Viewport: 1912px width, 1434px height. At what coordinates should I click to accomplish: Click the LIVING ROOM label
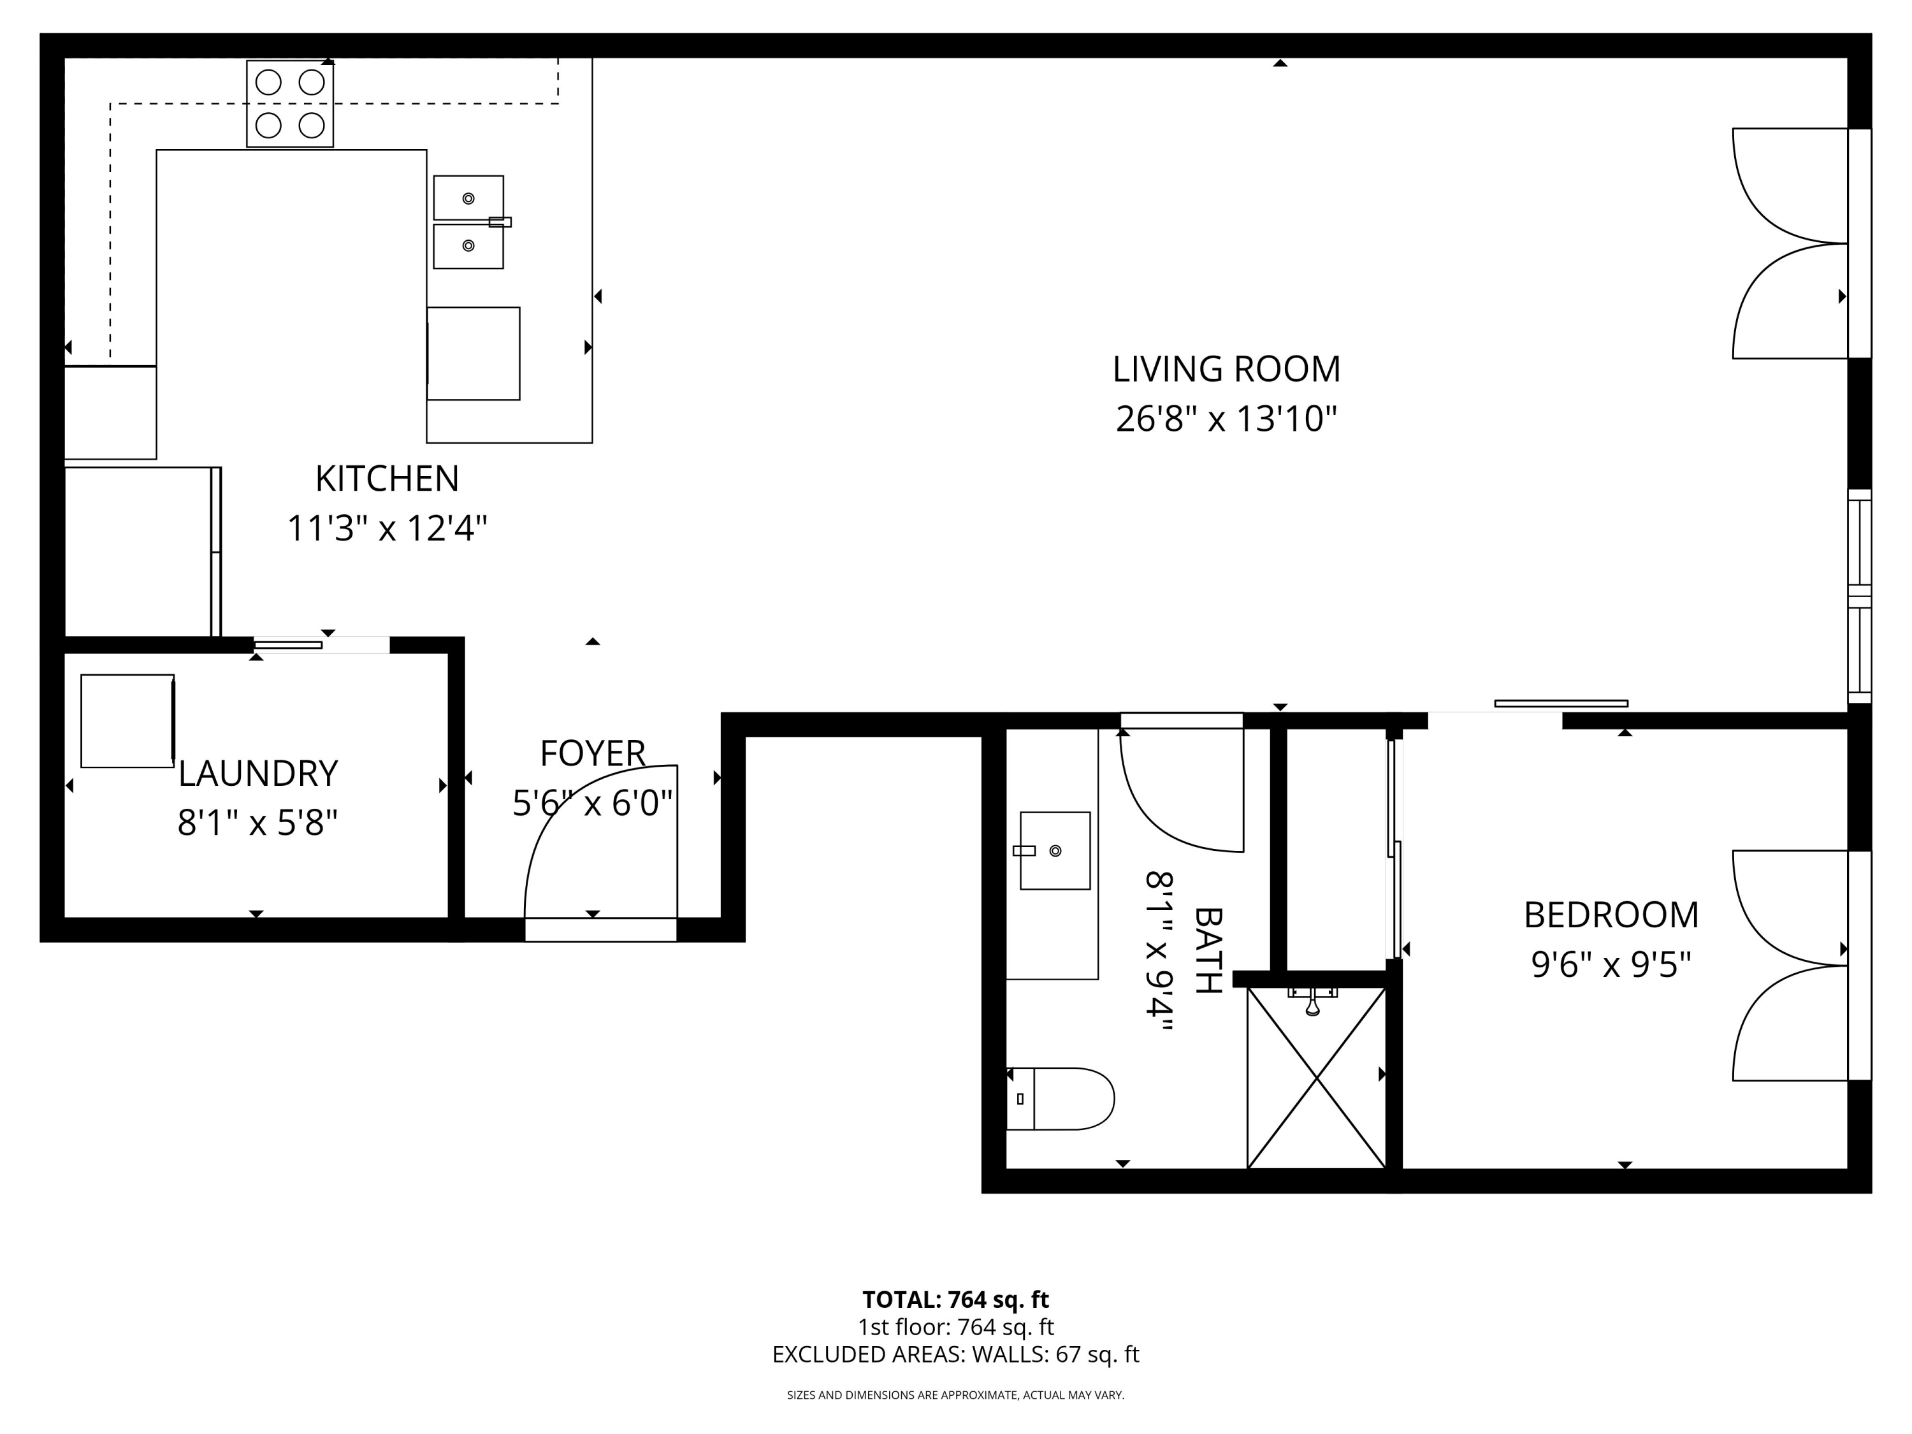[x=1226, y=369]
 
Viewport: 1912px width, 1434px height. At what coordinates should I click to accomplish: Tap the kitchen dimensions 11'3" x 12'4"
[x=387, y=528]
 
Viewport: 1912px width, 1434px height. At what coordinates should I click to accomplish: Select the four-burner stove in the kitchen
[x=289, y=104]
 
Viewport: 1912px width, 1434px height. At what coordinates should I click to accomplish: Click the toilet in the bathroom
[x=1061, y=1099]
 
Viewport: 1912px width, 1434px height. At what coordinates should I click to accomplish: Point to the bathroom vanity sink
[x=1055, y=851]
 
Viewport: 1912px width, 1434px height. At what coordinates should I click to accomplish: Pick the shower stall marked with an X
[x=1317, y=1077]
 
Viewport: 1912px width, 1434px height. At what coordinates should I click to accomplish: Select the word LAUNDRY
[x=257, y=774]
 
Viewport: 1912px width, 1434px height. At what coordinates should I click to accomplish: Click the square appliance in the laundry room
[x=128, y=721]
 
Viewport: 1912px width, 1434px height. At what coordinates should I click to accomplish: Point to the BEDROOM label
[x=1611, y=915]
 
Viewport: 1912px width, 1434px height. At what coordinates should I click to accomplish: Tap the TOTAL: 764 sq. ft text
[x=956, y=1299]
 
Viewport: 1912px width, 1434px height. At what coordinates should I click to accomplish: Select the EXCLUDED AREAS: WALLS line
[x=956, y=1354]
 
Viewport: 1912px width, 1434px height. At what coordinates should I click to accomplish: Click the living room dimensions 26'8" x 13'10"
[x=1226, y=419]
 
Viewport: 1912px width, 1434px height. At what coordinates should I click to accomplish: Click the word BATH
[x=1208, y=950]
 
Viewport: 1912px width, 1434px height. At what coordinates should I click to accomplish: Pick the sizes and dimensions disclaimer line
[x=956, y=1395]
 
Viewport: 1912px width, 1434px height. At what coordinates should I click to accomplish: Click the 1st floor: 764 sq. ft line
[x=956, y=1327]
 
